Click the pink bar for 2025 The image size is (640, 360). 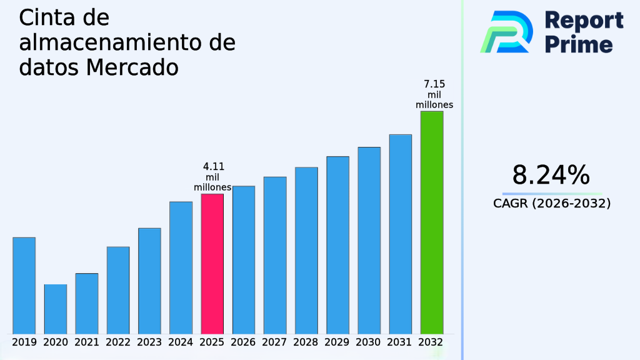pyautogui.click(x=212, y=264)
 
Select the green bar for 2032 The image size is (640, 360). pyautogui.click(x=432, y=222)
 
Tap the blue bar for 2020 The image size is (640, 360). pyautogui.click(x=56, y=309)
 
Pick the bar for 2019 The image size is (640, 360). pyautogui.click(x=24, y=286)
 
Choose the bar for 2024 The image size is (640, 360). pyautogui.click(x=181, y=267)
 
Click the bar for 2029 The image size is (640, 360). pyautogui.click(x=337, y=245)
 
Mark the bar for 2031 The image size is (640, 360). pyautogui.click(x=401, y=234)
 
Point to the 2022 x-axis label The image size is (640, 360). pyautogui.click(x=118, y=342)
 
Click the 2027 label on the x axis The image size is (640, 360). pyautogui.click(x=275, y=342)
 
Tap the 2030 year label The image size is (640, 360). pyautogui.click(x=369, y=342)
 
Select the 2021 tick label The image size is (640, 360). pyautogui.click(x=87, y=342)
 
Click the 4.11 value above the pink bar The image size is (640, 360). pyautogui.click(x=214, y=167)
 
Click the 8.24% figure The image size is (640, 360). pyautogui.click(x=551, y=176)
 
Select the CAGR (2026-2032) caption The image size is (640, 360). pyautogui.click(x=552, y=204)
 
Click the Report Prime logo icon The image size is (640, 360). pyautogui.click(x=506, y=31)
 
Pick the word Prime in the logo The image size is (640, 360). pyautogui.click(x=578, y=44)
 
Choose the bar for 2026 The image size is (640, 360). pyautogui.click(x=243, y=259)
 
